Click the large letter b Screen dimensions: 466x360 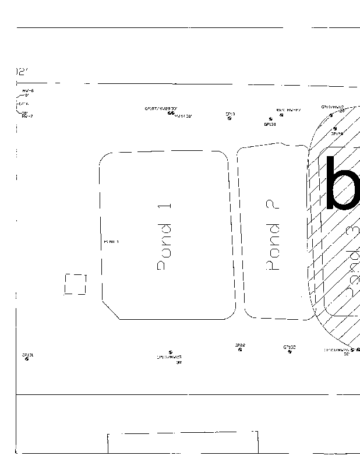344,183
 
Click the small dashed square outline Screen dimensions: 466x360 75,284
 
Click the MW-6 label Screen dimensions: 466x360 28,91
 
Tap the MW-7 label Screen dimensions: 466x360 27,116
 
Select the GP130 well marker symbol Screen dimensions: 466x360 270,119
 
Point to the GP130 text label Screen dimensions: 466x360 270,124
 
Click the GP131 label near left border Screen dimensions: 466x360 28,354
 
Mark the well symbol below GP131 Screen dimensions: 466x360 27,359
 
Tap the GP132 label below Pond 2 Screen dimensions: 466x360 290,347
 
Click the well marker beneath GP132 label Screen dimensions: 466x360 290,352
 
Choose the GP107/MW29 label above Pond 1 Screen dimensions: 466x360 161,108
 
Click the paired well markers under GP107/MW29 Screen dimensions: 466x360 171,113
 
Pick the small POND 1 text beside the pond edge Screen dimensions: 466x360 111,241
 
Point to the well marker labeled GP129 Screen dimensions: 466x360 335,129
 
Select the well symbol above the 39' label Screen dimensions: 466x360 170,352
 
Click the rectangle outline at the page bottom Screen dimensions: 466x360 183,442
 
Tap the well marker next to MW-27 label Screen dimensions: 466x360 282,115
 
